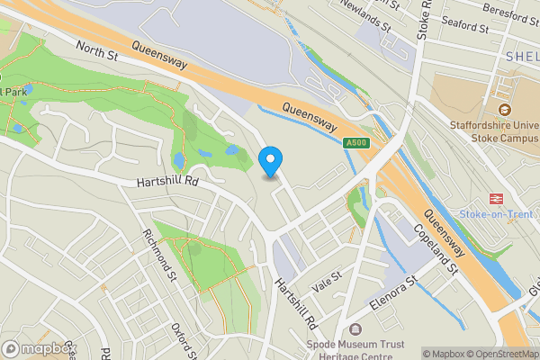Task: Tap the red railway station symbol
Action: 494,198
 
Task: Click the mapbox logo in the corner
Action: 38,348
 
